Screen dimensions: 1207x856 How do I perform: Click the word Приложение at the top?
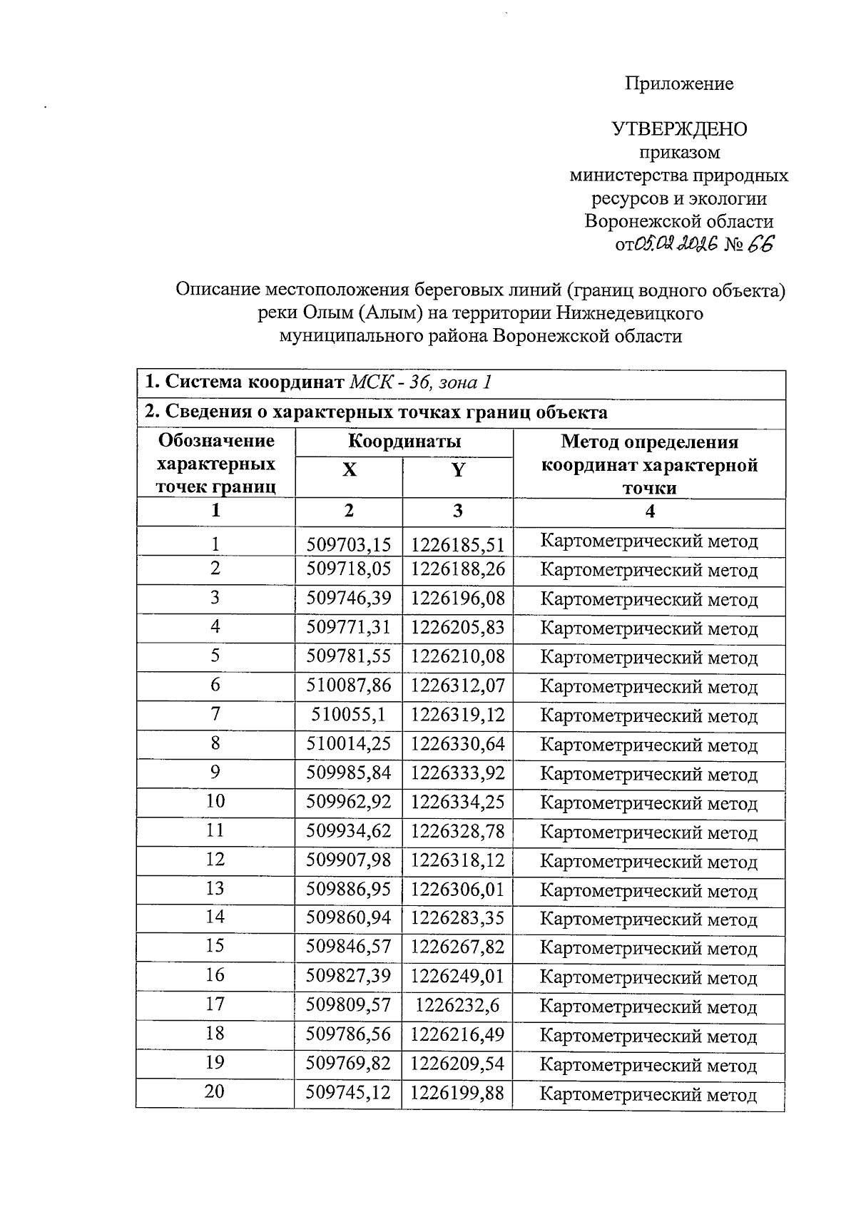[679, 84]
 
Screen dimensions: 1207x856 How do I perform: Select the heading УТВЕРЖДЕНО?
[679, 129]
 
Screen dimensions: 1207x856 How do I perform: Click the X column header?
[349, 471]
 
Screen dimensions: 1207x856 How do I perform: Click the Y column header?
[457, 471]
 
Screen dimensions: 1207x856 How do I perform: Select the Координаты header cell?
[404, 442]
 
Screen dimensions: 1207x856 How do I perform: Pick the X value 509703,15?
[349, 545]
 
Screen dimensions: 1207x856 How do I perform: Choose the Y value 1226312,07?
[457, 686]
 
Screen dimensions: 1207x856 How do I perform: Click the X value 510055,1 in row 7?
[349, 715]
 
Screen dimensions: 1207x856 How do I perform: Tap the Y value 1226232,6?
[457, 1006]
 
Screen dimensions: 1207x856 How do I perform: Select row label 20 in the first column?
[215, 1091]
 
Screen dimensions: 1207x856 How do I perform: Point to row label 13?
[215, 889]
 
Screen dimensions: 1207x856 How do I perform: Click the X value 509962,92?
[349, 803]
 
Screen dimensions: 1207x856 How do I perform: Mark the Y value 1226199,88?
[457, 1093]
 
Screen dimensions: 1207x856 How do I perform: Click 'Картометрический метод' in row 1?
[648, 541]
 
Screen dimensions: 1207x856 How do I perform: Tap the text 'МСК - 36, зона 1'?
[421, 382]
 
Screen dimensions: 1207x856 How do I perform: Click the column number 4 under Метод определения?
[648, 511]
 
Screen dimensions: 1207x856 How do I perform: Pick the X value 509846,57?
[349, 947]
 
